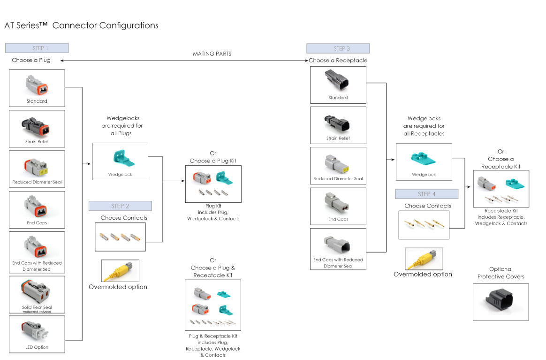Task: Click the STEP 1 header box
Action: (37, 48)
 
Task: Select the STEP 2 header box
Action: (120, 206)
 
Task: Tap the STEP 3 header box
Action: (338, 48)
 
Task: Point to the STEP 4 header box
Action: (426, 194)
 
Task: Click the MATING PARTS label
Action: (212, 54)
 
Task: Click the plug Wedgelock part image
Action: (121, 158)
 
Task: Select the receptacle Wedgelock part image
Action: (424, 159)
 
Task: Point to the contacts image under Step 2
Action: (120, 237)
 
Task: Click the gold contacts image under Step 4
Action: (423, 223)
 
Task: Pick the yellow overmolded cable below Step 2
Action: (120, 270)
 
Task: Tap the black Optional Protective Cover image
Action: (500, 301)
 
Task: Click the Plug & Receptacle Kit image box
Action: (213, 305)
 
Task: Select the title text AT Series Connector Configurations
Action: (81, 25)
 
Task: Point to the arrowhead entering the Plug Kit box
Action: (183, 181)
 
